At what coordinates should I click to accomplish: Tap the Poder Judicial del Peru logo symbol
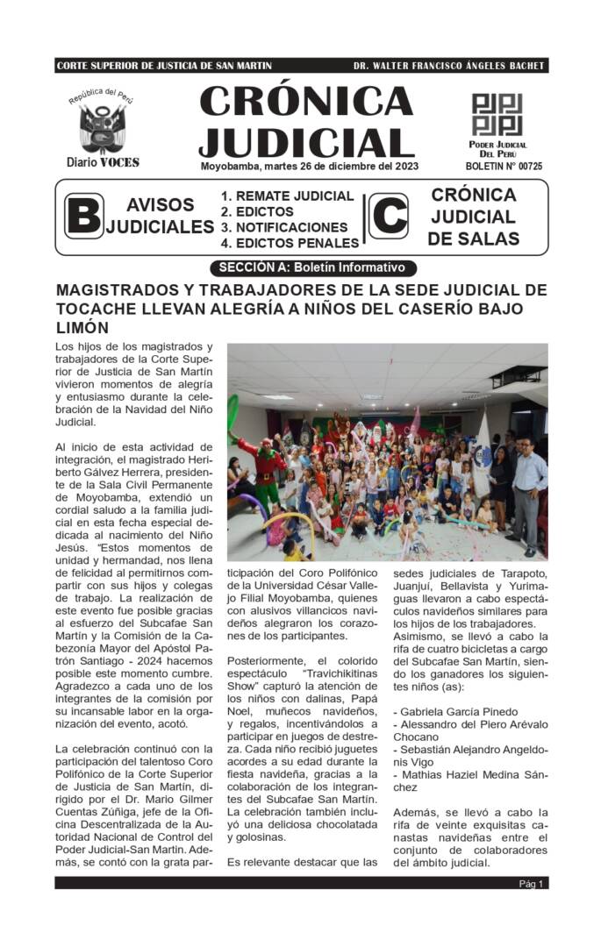point(497,114)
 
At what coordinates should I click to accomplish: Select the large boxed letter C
point(388,217)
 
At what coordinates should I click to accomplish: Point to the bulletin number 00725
point(504,166)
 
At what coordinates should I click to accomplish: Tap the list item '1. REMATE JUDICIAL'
point(288,196)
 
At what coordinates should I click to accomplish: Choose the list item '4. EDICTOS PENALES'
point(290,243)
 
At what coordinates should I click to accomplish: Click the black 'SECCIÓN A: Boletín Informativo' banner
point(311,267)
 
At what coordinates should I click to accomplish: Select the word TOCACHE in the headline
point(96,309)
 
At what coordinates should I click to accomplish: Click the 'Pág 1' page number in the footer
point(531,884)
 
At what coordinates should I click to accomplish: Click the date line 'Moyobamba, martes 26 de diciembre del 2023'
point(309,166)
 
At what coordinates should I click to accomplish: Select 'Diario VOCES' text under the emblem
point(103,162)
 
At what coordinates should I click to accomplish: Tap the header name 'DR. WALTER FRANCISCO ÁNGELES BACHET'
point(448,66)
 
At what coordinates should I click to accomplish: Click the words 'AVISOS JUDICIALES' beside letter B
point(161,217)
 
